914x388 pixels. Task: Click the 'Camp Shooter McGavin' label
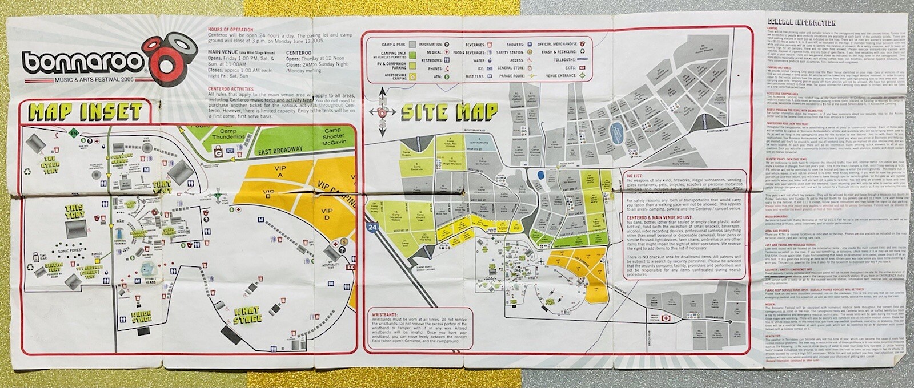pyautogui.click(x=332, y=134)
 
